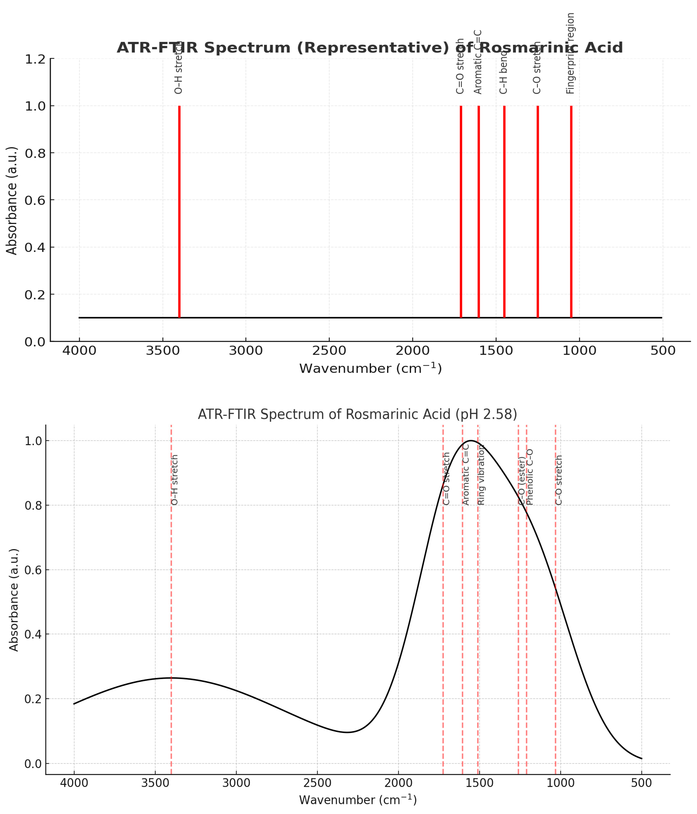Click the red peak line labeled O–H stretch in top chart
tap(179, 212)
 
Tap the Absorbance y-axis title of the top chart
tap(12, 201)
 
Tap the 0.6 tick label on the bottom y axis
tap(33, 570)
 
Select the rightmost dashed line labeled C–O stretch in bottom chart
tap(555, 629)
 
